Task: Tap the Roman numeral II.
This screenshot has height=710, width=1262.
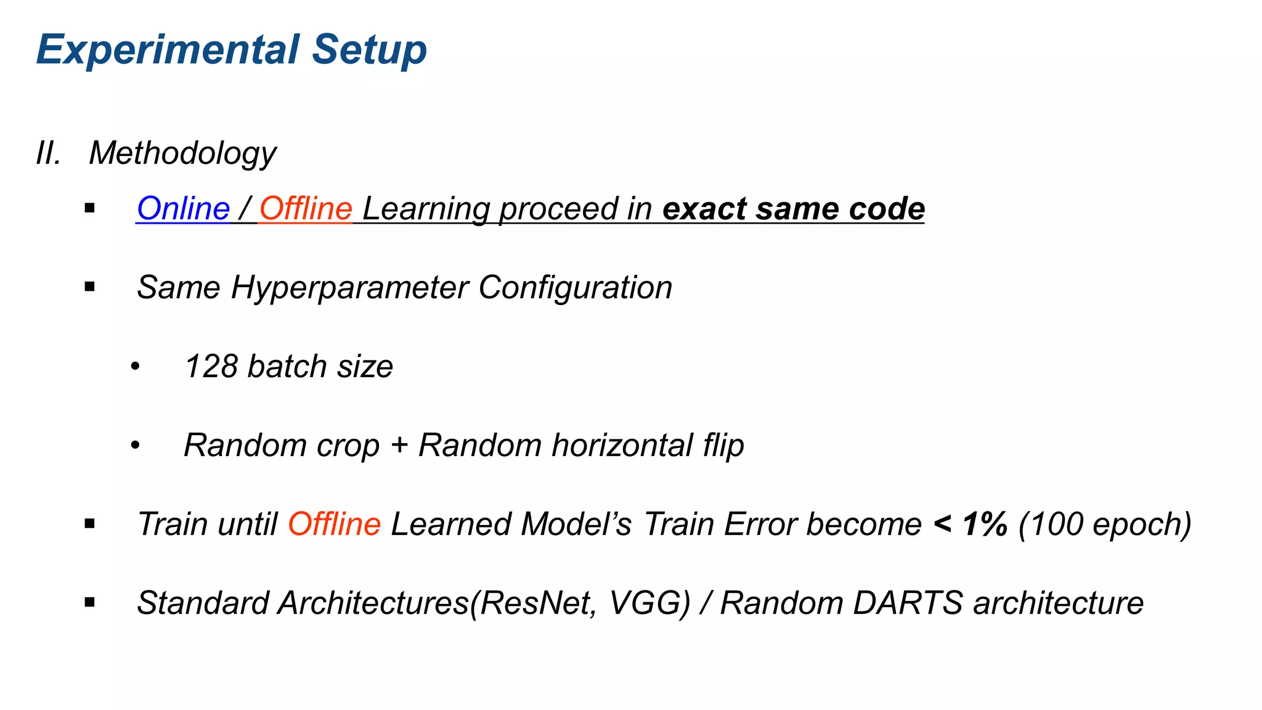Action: [x=49, y=153]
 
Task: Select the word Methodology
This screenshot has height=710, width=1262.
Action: [x=182, y=153]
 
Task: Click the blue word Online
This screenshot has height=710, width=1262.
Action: [x=183, y=208]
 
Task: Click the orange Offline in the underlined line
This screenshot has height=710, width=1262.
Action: [x=305, y=208]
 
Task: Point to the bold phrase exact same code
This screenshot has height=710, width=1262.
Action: [x=793, y=208]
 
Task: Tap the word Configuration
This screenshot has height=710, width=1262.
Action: [x=575, y=288]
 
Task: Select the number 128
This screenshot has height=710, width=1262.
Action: [x=211, y=366]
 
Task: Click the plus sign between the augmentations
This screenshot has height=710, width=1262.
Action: [x=399, y=445]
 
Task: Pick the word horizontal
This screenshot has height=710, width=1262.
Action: [x=623, y=445]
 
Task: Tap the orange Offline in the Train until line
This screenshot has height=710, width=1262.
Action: [x=334, y=524]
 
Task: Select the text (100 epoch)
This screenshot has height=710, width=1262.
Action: [x=1104, y=524]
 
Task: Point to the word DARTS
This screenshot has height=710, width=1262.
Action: [x=907, y=603]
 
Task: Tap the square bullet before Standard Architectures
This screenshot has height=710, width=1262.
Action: [x=90, y=602]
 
